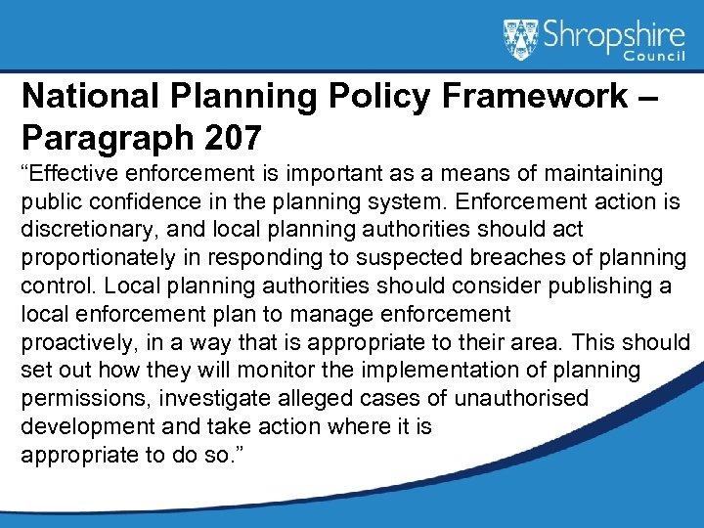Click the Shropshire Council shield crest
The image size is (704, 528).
[x=520, y=38]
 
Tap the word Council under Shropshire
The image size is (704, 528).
[x=649, y=62]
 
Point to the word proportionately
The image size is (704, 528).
[x=96, y=258]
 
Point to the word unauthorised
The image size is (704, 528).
[x=519, y=399]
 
